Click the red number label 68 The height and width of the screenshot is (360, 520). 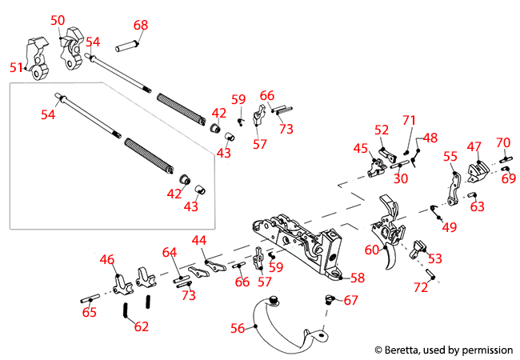141,26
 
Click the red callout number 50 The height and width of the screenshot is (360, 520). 58,20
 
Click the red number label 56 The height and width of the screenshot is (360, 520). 238,327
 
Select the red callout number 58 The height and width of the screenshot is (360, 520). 357,278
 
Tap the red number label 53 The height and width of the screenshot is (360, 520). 434,258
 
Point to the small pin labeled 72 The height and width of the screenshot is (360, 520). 430,274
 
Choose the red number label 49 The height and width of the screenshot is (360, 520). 449,226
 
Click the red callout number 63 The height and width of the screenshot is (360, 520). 478,207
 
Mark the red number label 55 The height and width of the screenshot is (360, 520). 450,157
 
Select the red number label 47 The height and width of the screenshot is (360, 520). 475,146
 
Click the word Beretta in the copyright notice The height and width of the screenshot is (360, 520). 404,350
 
